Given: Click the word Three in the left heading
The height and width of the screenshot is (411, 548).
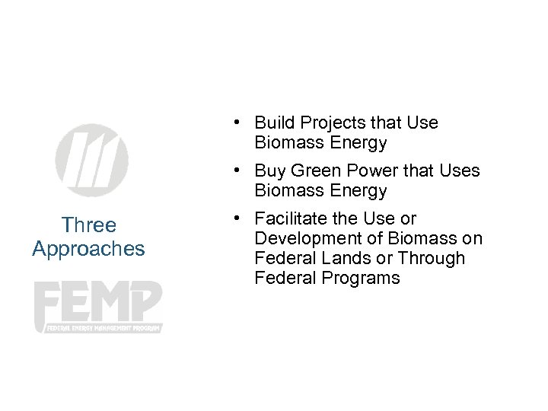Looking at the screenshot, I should click(x=88, y=225).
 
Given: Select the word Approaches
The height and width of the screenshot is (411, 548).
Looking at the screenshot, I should click(x=88, y=249).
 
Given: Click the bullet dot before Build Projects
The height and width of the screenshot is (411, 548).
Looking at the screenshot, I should click(x=238, y=123).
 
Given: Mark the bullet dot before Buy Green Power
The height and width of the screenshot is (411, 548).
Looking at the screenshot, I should click(x=238, y=170).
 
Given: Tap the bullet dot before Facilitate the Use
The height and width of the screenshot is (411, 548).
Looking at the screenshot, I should click(x=238, y=218).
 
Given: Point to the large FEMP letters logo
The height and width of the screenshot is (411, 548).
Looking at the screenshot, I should click(x=98, y=302).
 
